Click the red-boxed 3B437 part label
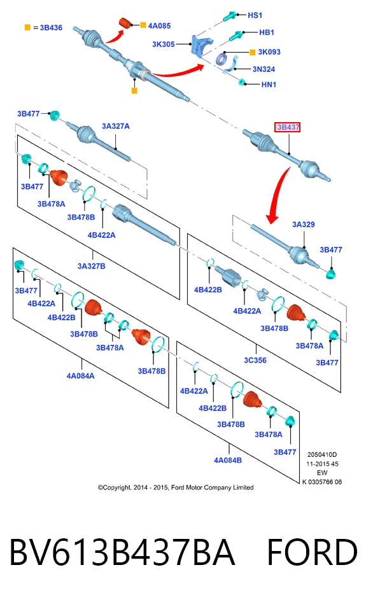point(287,127)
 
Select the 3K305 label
point(164,44)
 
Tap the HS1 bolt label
point(255,15)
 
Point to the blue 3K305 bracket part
point(201,45)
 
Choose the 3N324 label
point(264,69)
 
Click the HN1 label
point(269,85)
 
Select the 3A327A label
point(116,126)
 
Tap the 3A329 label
point(304,224)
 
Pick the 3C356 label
point(255,360)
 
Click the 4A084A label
point(80,376)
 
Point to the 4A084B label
point(228,460)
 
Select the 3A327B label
point(92,266)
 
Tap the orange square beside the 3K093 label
point(252,52)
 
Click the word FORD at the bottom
point(312,552)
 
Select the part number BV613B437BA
point(122,552)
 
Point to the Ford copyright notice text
point(176,487)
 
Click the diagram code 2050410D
point(322,454)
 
